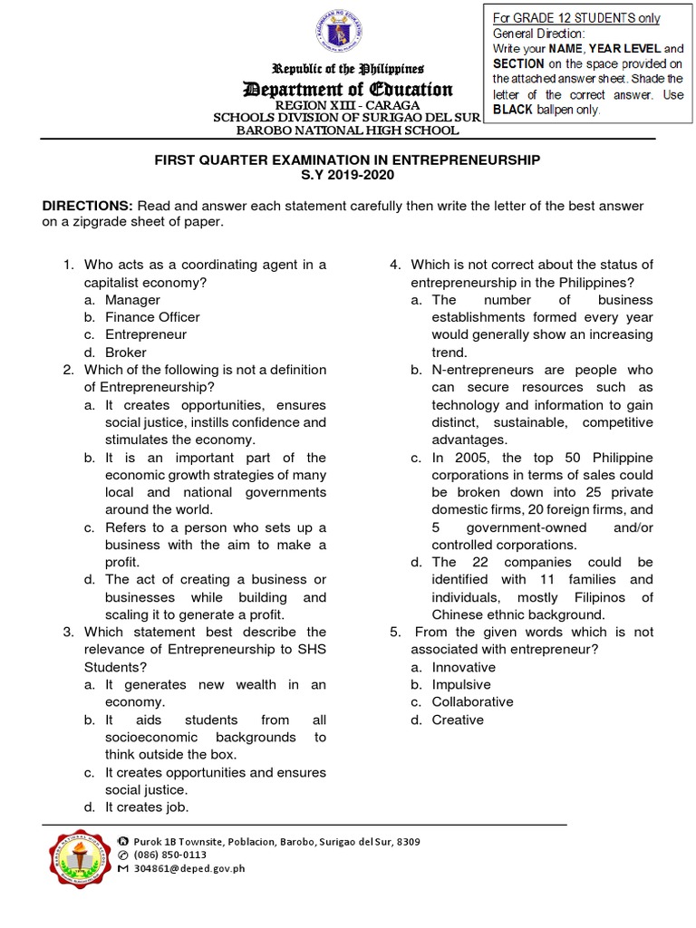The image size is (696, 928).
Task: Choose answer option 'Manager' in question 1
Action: (132, 299)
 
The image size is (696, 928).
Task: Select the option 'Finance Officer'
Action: (152, 317)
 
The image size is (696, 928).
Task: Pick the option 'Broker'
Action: (125, 353)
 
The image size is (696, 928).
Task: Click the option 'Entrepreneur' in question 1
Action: (146, 334)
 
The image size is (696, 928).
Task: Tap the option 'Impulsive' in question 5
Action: (461, 684)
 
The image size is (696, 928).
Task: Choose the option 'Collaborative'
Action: (472, 701)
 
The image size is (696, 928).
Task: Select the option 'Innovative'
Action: (463, 667)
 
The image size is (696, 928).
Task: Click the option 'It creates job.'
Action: (147, 807)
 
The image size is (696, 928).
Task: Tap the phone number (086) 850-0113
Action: (169, 855)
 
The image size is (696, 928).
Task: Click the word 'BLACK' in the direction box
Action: (518, 110)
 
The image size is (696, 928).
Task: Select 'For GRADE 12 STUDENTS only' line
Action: (576, 18)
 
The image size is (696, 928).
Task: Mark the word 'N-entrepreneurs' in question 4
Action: (478, 370)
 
